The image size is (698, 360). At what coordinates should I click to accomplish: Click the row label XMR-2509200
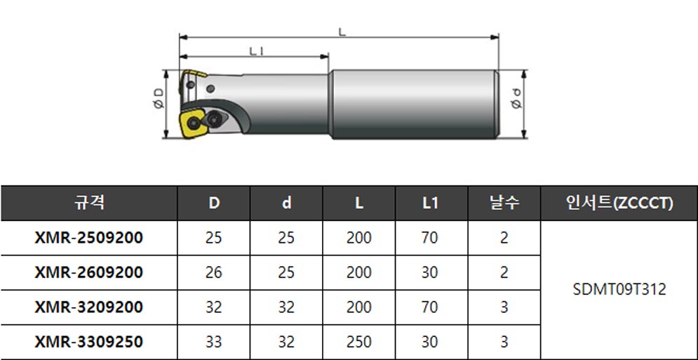(89, 238)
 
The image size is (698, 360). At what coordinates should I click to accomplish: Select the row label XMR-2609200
(89, 272)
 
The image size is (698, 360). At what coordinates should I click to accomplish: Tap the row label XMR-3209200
(89, 307)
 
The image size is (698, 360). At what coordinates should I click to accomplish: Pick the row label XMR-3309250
(89, 342)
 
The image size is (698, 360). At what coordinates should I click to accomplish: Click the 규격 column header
(89, 204)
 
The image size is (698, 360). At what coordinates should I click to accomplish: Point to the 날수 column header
(504, 204)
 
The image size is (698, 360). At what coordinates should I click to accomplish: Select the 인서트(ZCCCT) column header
(619, 204)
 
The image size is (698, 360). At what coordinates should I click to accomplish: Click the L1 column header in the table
(431, 204)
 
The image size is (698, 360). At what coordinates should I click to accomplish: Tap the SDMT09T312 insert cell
(619, 290)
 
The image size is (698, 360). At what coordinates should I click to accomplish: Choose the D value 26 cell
(214, 272)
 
